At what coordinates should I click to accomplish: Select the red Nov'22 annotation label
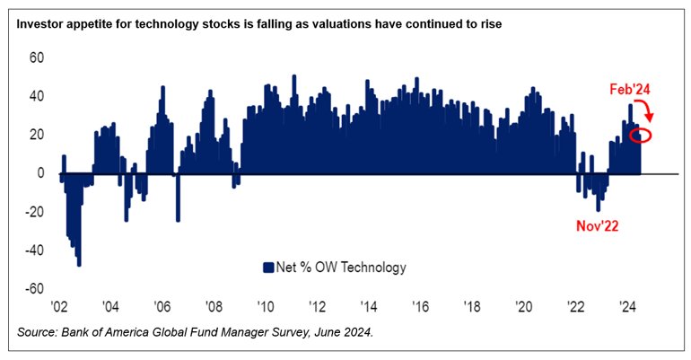tap(597, 226)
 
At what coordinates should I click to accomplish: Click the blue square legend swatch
tap(267, 267)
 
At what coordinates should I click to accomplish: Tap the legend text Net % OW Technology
tap(341, 267)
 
